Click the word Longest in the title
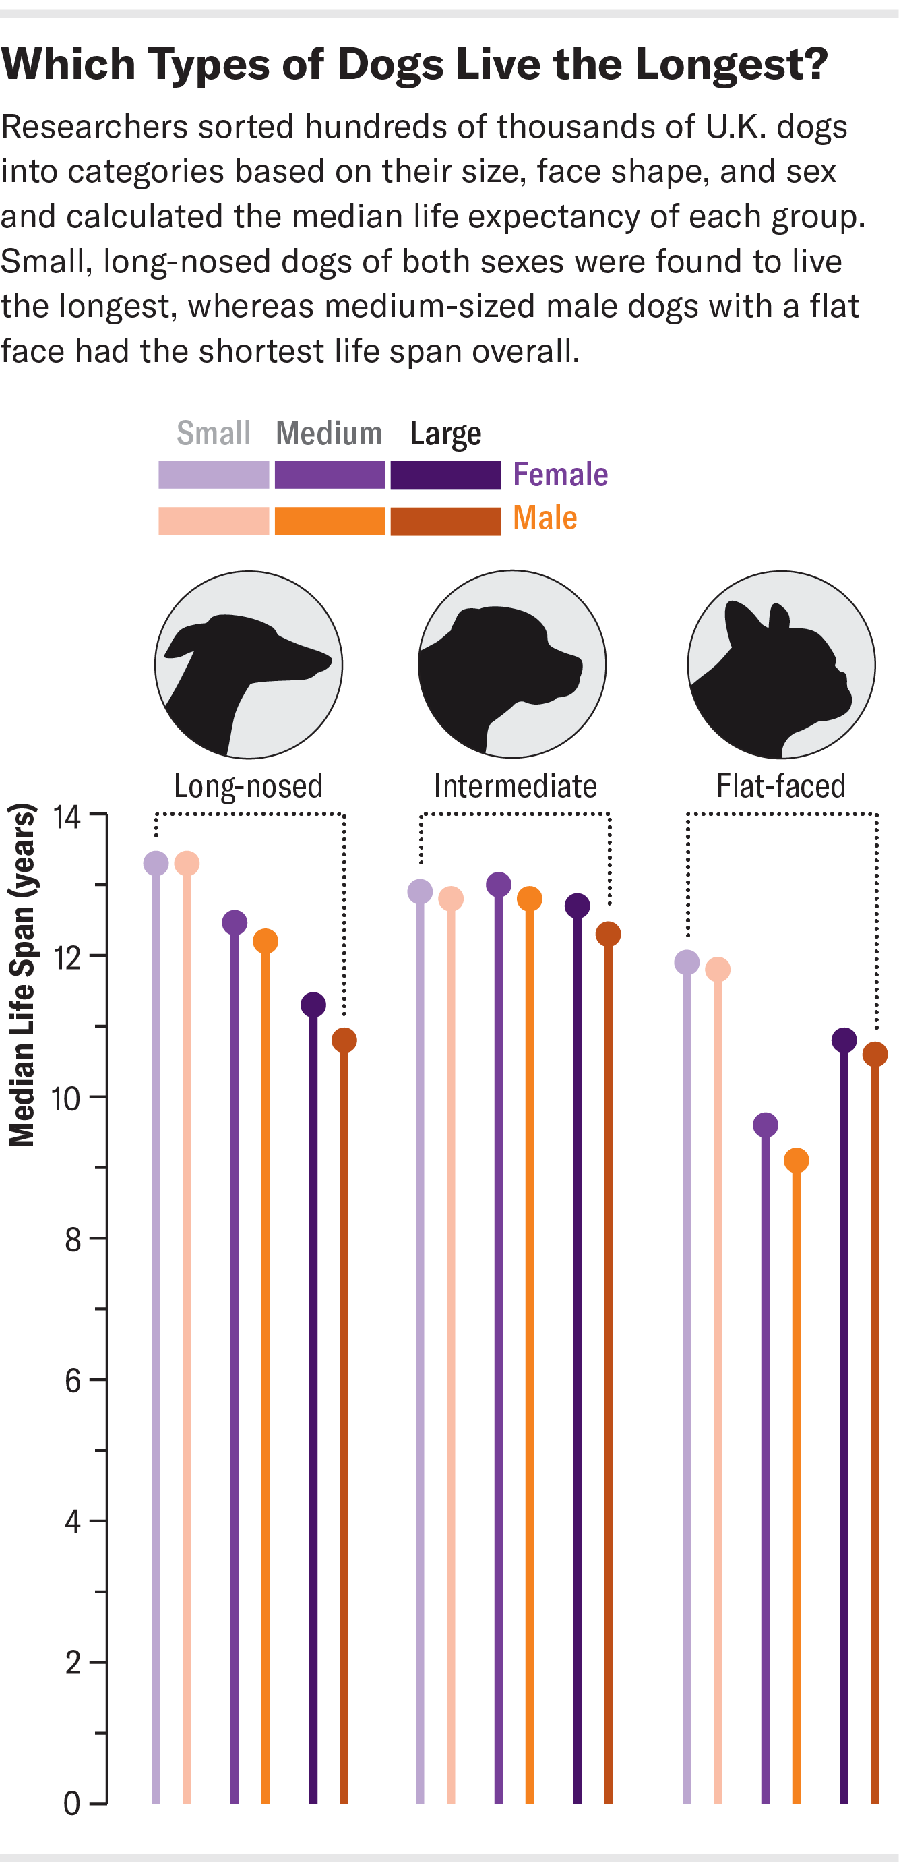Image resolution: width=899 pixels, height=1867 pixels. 731,65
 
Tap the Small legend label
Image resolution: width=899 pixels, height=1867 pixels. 214,434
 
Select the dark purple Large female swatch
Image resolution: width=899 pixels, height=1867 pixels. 445,475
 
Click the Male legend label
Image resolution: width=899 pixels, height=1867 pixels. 545,518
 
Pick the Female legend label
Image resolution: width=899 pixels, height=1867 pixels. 560,475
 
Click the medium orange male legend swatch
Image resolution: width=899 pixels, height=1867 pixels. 330,521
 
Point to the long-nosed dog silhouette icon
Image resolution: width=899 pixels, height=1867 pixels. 249,665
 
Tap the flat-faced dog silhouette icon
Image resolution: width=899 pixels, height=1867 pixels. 781,665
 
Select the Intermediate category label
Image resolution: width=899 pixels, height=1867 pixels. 515,786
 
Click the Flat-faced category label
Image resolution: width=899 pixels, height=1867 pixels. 781,786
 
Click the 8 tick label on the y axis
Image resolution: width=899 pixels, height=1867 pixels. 72,1240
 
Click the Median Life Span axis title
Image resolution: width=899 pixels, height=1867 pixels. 22,975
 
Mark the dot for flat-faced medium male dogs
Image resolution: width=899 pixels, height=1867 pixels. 796,1160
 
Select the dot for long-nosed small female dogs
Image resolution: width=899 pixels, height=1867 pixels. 156,863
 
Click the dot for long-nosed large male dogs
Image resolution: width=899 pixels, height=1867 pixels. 344,1040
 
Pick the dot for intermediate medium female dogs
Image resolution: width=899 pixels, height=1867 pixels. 499,884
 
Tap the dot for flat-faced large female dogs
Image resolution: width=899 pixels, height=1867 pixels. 844,1040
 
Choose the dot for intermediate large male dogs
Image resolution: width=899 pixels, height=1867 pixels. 608,935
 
